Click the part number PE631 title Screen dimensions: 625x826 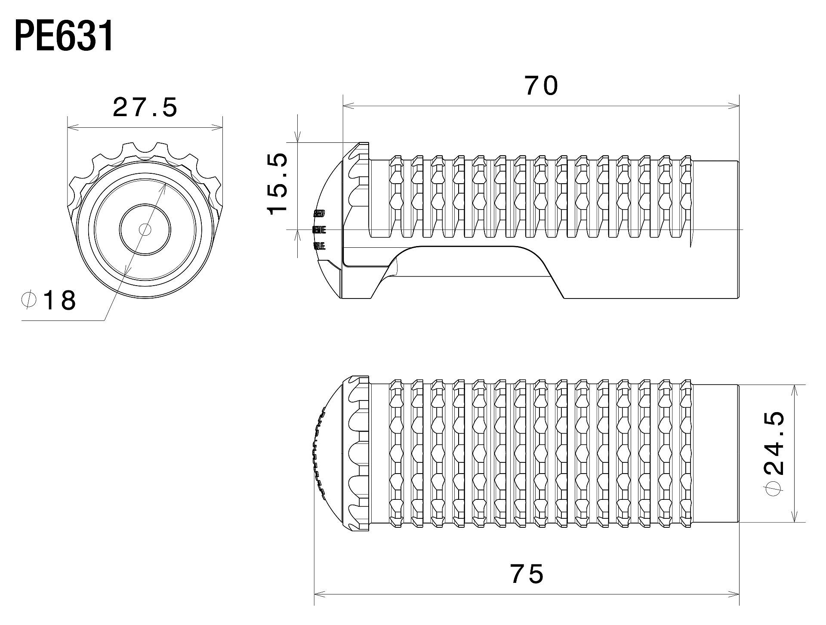point(65,36)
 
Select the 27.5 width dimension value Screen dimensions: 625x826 point(145,108)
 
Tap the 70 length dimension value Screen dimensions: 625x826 point(541,86)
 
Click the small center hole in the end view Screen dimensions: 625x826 point(145,230)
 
